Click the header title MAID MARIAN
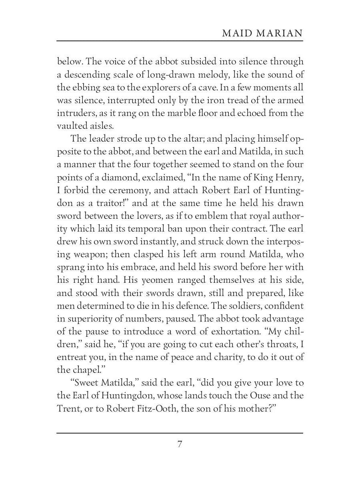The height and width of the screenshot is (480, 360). [x=262, y=34]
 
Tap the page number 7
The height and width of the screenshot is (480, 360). [x=180, y=444]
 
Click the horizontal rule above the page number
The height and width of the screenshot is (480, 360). [x=180, y=433]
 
